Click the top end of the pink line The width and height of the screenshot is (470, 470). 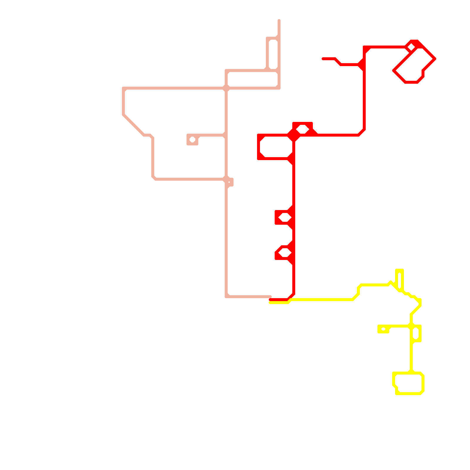pyautogui.click(x=279, y=21)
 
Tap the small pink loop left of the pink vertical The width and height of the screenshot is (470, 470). pyautogui.click(x=192, y=140)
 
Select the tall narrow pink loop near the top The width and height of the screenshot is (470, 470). pyautogui.click(x=273, y=54)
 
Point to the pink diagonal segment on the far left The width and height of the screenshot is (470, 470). pyautogui.click(x=134, y=125)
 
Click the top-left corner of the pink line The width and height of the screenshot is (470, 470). pyautogui.click(x=124, y=88)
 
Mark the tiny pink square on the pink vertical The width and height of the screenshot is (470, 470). pyautogui.click(x=229, y=182)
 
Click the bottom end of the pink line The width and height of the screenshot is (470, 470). pyautogui.click(x=270, y=297)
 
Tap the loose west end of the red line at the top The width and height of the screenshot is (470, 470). pyautogui.click(x=323, y=59)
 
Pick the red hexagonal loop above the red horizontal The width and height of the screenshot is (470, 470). pyautogui.click(x=303, y=129)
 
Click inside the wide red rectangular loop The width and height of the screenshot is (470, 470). pyautogui.click(x=276, y=147)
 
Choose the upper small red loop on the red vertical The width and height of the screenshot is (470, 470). pyautogui.click(x=285, y=218)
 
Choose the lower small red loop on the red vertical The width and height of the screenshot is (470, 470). pyautogui.click(x=285, y=252)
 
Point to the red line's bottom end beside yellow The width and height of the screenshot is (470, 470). pyautogui.click(x=270, y=300)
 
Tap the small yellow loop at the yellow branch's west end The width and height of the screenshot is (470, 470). pyautogui.click(x=383, y=329)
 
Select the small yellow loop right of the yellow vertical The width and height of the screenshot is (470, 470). pyautogui.click(x=416, y=333)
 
